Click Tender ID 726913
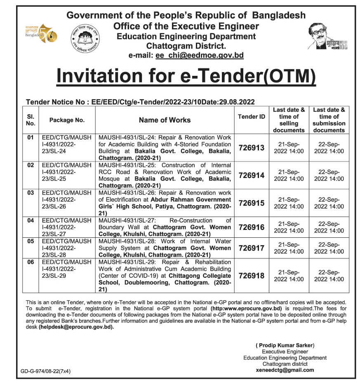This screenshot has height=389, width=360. pyautogui.click(x=251, y=148)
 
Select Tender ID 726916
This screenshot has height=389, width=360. pyautogui.click(x=251, y=227)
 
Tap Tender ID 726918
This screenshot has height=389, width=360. pyautogui.click(x=251, y=276)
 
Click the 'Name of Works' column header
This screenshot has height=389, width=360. pyautogui.click(x=165, y=120)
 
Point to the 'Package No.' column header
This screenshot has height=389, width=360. pyautogui.click(x=67, y=120)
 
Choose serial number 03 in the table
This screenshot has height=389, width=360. pyautogui.click(x=30, y=193)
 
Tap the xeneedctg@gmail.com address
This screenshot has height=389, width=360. pyautogui.click(x=285, y=370)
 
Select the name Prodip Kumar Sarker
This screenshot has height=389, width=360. pyautogui.click(x=285, y=345)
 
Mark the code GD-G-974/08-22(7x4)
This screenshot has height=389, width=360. pyautogui.click(x=46, y=371)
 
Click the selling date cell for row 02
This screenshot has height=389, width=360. pyautogui.click(x=289, y=176)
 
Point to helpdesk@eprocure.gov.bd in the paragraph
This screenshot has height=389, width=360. pyautogui.click(x=76, y=327)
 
